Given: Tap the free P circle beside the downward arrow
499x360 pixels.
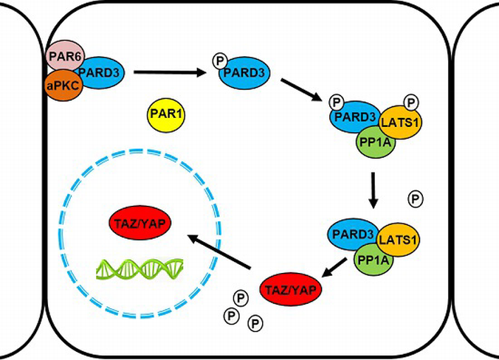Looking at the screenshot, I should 416,198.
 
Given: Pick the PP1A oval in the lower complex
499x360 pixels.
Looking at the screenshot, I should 375,257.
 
